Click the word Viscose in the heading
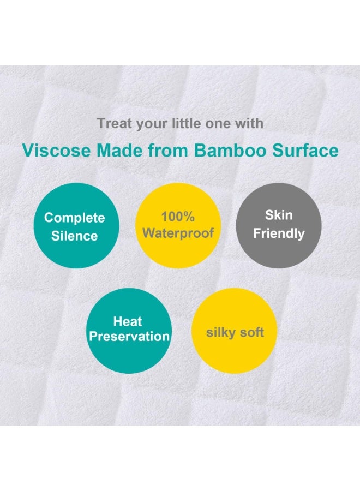point(48,151)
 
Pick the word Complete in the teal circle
point(74,218)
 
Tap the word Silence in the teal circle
point(74,236)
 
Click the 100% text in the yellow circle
point(178,217)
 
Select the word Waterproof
point(178,233)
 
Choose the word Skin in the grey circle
point(279,215)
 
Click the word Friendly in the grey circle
point(279,233)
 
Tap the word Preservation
point(129,336)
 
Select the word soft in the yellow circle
point(251,332)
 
